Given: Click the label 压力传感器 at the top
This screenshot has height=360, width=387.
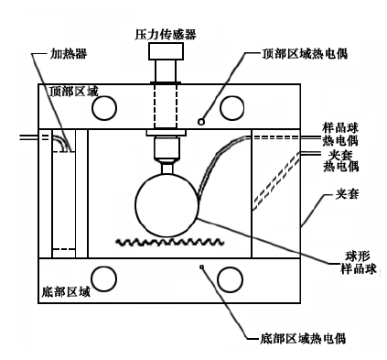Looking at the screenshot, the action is tap(166, 35).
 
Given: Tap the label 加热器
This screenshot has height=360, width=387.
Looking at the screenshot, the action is tap(69, 54).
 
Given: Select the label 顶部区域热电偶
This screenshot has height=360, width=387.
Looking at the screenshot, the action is tap(305, 54).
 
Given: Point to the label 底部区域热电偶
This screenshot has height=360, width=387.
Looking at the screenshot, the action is tap(303, 338).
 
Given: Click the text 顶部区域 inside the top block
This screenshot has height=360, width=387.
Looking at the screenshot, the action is tap(74, 92).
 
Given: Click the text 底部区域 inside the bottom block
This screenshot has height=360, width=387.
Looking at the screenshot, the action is tap(66, 291).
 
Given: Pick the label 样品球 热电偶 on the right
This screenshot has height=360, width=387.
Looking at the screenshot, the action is tap(340, 135).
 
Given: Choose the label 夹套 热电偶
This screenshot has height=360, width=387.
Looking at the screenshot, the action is tap(340, 160).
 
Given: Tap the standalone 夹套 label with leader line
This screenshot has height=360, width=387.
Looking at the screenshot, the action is tap(347, 194).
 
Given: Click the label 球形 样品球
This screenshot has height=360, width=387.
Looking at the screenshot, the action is tap(359, 262).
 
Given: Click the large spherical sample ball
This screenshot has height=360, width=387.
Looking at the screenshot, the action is tap(167, 204).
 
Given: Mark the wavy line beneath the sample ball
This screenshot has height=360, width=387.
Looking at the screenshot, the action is tap(169, 243).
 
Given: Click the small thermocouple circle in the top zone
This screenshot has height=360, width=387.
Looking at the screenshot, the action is tap(201, 122).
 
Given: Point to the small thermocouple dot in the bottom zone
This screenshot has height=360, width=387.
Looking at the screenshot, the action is tap(201, 267).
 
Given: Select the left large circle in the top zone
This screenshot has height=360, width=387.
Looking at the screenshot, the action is tap(104, 108).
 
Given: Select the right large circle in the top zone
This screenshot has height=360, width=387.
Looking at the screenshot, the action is tap(232, 108).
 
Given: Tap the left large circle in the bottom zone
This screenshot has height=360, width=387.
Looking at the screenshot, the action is tap(104, 279).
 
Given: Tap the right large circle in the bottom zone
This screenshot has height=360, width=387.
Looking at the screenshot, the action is tap(230, 279).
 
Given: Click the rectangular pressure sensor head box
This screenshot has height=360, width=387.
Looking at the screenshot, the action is tap(166, 51).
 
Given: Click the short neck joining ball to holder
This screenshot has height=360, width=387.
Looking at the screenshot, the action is tap(167, 169).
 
